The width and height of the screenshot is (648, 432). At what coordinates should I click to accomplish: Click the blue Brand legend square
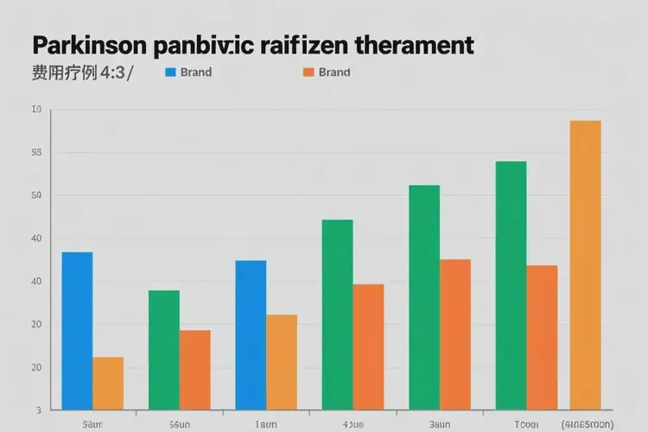[x=170, y=73]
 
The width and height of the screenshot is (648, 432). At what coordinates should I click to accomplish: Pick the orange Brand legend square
[x=308, y=73]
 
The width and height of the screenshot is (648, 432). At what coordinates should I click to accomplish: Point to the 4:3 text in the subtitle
[x=112, y=73]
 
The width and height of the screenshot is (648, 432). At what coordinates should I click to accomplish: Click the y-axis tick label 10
[x=35, y=110]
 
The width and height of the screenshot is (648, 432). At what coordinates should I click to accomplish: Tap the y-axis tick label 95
[x=35, y=153]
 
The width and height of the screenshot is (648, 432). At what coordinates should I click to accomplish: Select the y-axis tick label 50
[x=35, y=196]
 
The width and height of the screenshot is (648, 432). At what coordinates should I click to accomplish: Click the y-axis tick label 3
[x=38, y=410]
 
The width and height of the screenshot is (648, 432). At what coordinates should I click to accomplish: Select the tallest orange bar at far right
[x=585, y=264]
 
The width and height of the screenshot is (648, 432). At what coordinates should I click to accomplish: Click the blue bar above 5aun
[x=77, y=330]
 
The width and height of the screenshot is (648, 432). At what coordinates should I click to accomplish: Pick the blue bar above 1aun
[x=251, y=334]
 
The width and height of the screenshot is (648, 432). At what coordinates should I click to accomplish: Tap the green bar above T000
[x=511, y=285]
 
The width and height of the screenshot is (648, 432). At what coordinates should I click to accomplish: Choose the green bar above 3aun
[x=424, y=296]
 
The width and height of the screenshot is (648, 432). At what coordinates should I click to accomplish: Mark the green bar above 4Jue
[x=337, y=314]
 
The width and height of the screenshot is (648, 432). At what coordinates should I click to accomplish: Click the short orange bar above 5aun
[x=108, y=383]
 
